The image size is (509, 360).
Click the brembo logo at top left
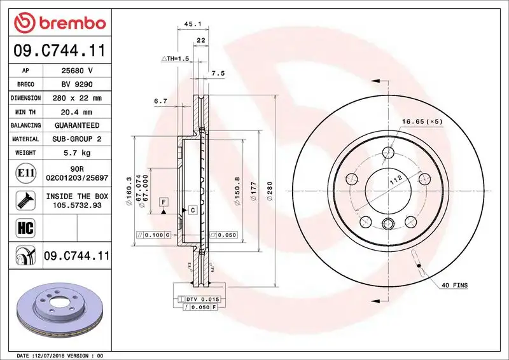click(x=59, y=24)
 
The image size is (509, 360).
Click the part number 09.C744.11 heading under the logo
click(x=59, y=50)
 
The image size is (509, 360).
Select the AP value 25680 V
click(x=77, y=71)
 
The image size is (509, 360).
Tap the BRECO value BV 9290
click(x=77, y=85)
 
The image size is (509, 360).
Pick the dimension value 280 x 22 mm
click(x=77, y=98)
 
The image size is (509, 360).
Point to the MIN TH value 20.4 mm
click(x=77, y=112)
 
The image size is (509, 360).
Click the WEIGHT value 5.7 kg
click(x=77, y=153)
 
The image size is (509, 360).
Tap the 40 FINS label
click(x=454, y=286)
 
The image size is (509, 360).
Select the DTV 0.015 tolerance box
click(x=200, y=299)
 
